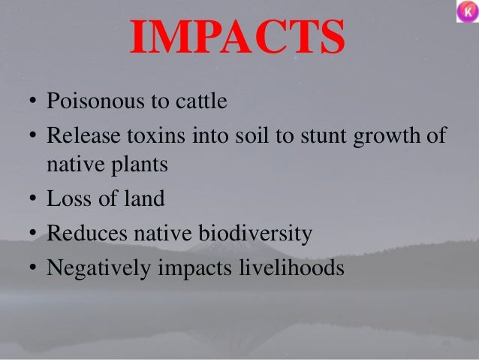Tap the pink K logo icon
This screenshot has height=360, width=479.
(x=466, y=12)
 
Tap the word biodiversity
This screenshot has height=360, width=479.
(x=255, y=234)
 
